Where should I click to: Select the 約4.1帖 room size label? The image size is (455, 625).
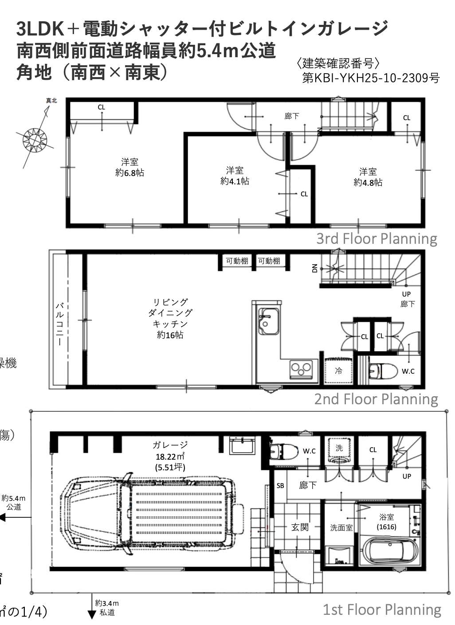[235, 181]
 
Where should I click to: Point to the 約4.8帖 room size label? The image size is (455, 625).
[368, 183]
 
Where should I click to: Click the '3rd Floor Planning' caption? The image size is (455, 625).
[377, 239]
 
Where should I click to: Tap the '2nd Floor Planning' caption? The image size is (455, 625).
[376, 399]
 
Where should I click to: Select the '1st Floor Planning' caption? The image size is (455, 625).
[382, 610]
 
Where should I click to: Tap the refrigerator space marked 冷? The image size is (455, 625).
[338, 371]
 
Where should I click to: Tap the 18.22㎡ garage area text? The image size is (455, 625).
[170, 457]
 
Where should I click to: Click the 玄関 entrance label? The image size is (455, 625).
[300, 527]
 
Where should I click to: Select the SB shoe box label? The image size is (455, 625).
[280, 486]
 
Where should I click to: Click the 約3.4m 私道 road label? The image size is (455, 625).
[107, 608]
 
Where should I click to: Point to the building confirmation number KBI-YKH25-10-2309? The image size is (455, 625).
[371, 78]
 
